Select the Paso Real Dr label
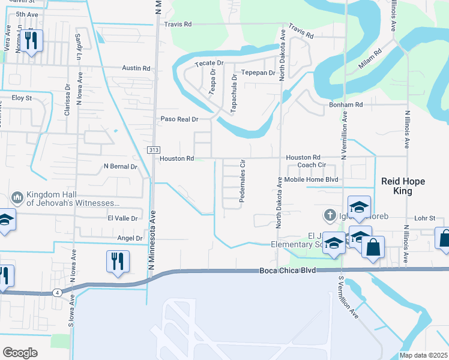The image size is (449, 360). [179, 119]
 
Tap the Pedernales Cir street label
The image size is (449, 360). [243, 181]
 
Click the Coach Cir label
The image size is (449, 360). [312, 165]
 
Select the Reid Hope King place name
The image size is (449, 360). [397, 186]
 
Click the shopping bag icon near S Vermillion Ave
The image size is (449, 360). [373, 247]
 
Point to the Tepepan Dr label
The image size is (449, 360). [258, 73]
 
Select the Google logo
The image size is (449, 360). [20, 352]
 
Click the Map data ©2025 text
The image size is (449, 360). [423, 355]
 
